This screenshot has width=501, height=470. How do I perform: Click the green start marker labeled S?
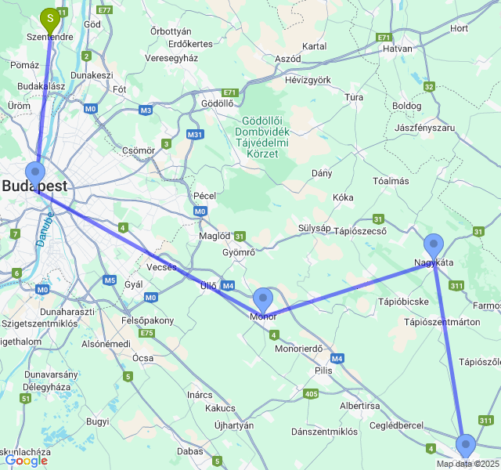click(51, 16)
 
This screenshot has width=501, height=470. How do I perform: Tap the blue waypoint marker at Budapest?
click(35, 172)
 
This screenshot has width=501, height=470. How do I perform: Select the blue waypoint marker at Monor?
click(263, 298)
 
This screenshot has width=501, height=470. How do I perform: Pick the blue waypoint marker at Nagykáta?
click(433, 244)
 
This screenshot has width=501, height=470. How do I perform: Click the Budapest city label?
click(34, 186)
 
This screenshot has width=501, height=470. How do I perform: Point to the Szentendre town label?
click(50, 37)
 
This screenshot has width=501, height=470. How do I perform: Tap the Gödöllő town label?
click(218, 103)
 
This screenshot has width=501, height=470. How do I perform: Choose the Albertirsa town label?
click(360, 405)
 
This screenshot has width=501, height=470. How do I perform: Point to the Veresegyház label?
click(172, 58)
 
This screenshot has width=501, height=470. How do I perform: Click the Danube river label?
click(44, 230)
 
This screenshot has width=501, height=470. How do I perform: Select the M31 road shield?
click(195, 135)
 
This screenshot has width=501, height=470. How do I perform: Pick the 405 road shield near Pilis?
click(311, 393)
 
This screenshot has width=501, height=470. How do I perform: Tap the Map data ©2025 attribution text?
click(467, 464)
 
